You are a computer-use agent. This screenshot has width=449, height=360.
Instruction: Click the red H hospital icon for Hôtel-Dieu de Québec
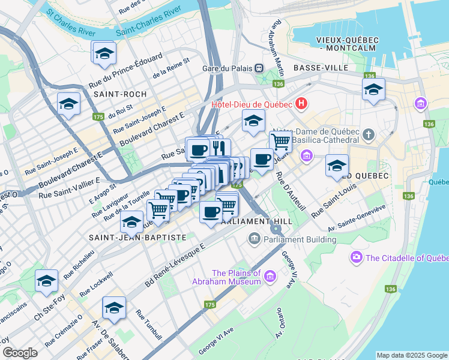pos(301,104)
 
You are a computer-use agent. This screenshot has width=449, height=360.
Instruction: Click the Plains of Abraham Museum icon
pos(270,276)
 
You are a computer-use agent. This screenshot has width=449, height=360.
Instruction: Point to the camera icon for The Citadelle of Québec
pos(357,257)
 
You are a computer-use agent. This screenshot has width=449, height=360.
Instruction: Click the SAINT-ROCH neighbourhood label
pos(116,94)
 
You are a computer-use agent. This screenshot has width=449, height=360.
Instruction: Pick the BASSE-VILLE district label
pos(321,68)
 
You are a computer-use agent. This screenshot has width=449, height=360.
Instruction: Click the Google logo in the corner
pos(20,353)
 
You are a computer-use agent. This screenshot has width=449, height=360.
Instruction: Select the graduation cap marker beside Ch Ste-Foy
pos(47,281)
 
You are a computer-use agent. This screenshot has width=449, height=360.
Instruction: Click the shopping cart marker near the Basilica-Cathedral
pos(280,142)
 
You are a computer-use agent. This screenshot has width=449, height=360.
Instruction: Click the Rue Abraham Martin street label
pos(278,42)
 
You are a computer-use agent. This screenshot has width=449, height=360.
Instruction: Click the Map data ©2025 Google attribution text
pos(411,355)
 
